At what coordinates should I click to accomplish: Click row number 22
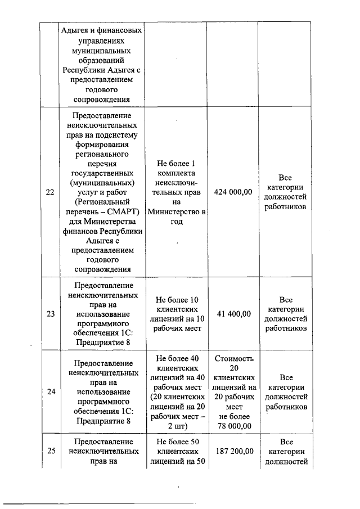(x=50, y=192)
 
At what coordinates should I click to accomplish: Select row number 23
(x=50, y=314)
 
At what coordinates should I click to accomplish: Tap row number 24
(x=50, y=392)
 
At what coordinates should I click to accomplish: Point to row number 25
(x=50, y=452)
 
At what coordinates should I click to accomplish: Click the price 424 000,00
(x=233, y=192)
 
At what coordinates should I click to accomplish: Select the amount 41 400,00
(x=233, y=314)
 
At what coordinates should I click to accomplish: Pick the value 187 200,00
(x=233, y=452)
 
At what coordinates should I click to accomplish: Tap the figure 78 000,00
(x=233, y=426)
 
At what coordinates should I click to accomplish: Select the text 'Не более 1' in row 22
(x=177, y=163)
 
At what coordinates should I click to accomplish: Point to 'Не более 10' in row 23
(x=177, y=299)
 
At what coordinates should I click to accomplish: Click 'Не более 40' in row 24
(x=177, y=358)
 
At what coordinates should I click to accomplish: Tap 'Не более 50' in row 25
(x=177, y=442)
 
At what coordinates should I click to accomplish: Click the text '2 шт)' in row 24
(x=177, y=426)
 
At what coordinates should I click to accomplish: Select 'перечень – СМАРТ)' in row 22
(x=101, y=211)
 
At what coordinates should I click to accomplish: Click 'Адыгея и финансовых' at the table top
(x=101, y=30)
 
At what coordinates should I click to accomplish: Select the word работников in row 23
(x=286, y=328)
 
